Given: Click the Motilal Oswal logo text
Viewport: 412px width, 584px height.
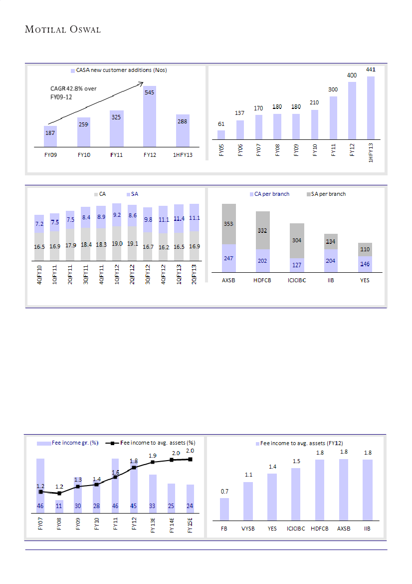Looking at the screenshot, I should coord(63,29).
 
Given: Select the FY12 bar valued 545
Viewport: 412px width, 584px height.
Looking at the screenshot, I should coord(150,117).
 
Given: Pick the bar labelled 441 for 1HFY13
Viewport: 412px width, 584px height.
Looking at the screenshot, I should coord(371,107).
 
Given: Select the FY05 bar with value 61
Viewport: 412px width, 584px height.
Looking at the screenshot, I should coord(221,134).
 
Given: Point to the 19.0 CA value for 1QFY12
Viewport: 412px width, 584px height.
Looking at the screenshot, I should coord(117,244).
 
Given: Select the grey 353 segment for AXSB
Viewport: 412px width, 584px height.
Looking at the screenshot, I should coord(229,224).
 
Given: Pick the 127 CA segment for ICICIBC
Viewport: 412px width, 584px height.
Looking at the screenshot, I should coord(297,265).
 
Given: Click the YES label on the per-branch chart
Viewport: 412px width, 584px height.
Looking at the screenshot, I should coord(365,280).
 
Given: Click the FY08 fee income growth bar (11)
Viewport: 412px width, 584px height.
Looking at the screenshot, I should coord(59,507).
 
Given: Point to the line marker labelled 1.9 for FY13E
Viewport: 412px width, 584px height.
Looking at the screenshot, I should coord(153,462).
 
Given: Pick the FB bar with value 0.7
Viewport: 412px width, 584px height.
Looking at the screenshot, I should coord(224,509).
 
